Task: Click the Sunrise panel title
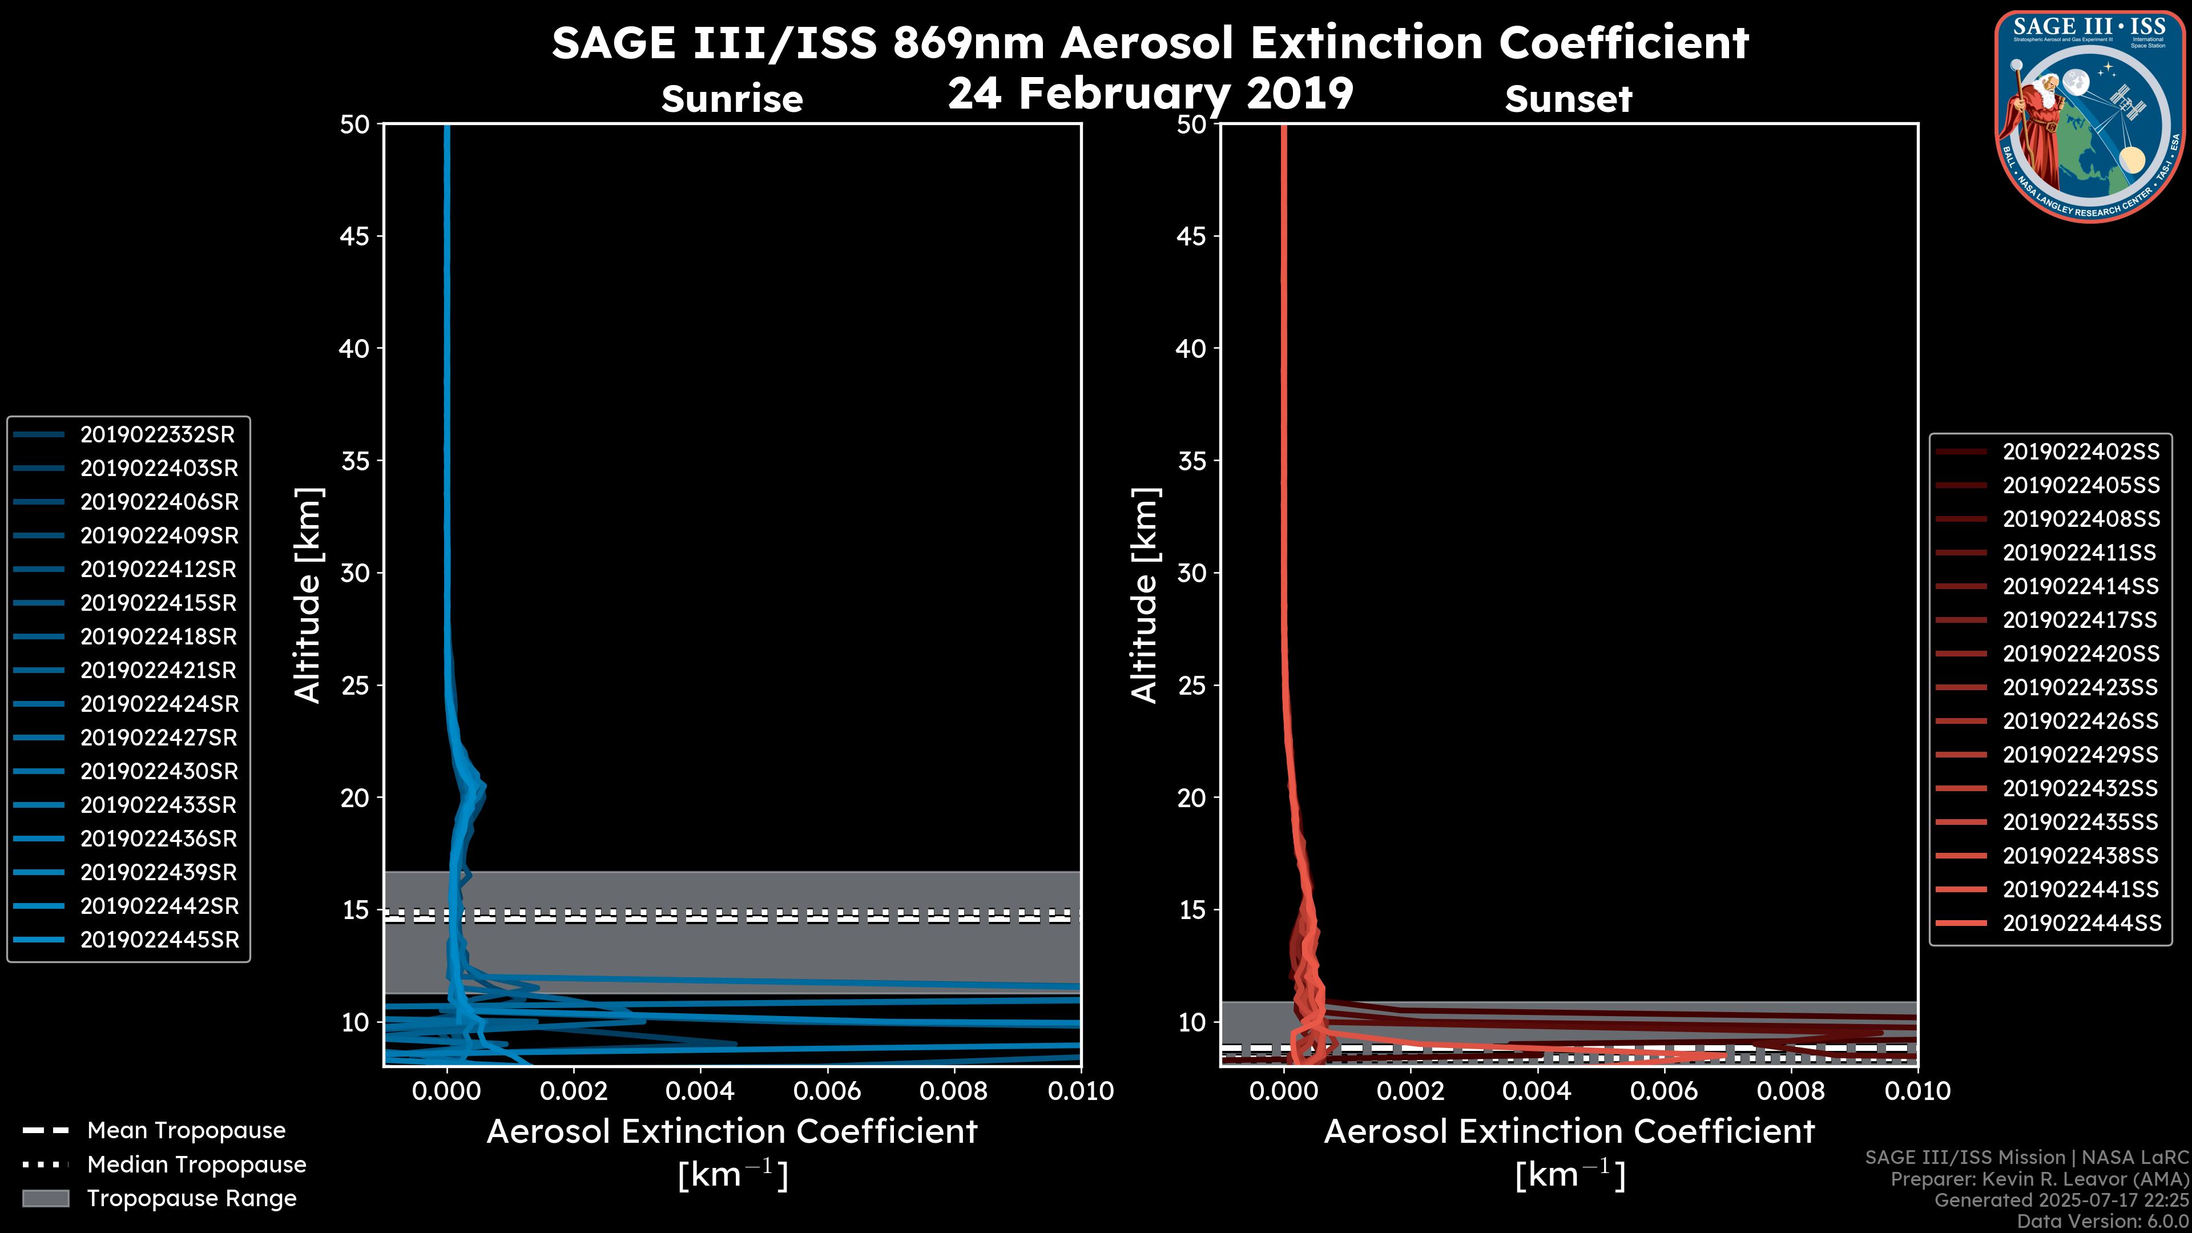click(732, 99)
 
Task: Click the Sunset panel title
click(1568, 99)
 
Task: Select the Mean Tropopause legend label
click(186, 1131)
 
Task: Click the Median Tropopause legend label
click(196, 1165)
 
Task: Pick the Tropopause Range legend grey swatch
click(45, 1199)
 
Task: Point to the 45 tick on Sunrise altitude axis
click(355, 236)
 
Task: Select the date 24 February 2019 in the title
click(1150, 94)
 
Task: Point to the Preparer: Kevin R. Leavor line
click(2039, 1179)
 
